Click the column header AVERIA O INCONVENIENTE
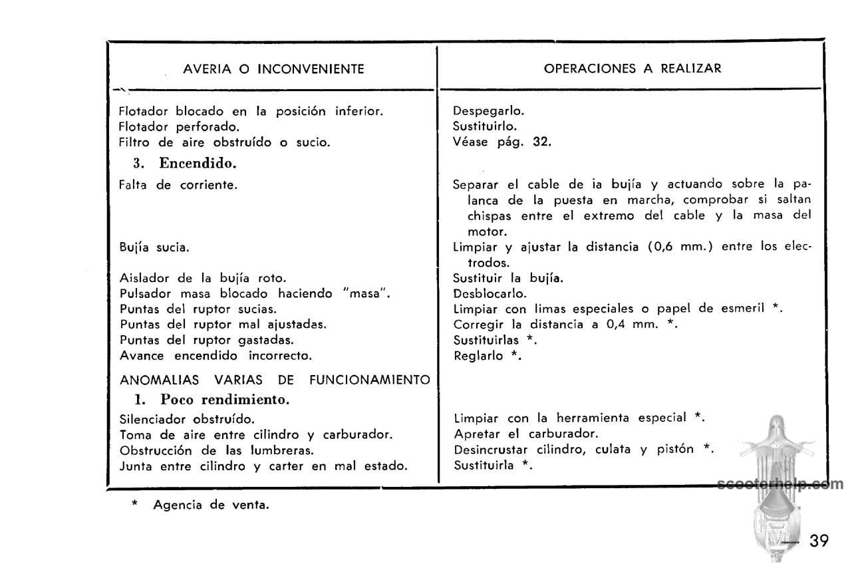point(273,69)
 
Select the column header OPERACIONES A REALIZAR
point(633,69)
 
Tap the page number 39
point(819,541)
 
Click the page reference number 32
point(541,142)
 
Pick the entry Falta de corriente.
point(178,185)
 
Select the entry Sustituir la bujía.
point(508,278)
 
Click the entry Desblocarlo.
point(490,293)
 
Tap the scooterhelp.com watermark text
point(781,484)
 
